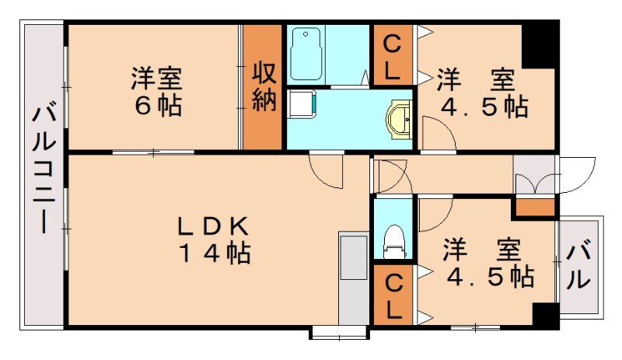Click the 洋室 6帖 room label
(155, 92)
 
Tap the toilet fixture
(395, 240)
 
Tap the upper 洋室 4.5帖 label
(482, 93)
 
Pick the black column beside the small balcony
(546, 316)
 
